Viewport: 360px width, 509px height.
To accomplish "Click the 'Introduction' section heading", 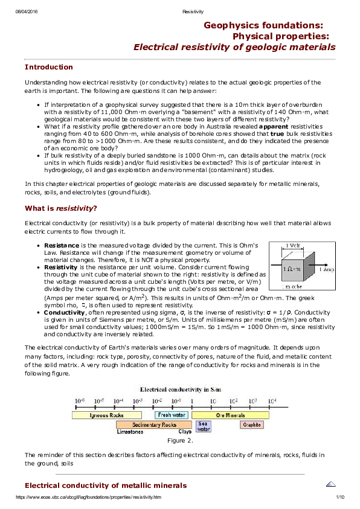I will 48,67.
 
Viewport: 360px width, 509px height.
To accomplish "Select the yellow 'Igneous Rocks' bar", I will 107,415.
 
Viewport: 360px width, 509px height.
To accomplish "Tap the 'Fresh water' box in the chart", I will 171,415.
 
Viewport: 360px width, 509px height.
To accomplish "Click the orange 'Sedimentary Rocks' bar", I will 154,424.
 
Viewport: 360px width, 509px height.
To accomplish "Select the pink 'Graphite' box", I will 252,424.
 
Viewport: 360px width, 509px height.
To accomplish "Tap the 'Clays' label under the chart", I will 184,432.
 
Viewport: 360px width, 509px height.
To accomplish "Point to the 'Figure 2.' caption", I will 180,441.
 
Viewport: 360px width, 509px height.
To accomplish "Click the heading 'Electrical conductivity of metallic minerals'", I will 105,485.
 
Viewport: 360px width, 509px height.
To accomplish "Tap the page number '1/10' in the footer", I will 339,497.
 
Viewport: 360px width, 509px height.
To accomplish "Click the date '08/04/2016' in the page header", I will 26,11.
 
